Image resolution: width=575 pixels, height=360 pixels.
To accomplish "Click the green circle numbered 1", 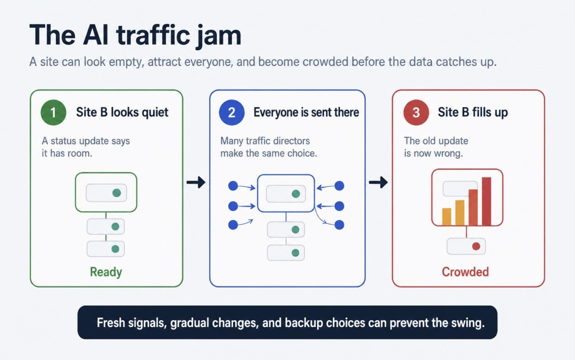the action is (x=54, y=112).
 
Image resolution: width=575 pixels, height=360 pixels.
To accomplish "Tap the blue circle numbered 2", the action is (x=232, y=112).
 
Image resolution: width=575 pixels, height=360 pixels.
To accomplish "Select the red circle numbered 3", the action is (x=416, y=112).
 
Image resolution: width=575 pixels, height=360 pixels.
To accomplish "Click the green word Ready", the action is (x=106, y=272).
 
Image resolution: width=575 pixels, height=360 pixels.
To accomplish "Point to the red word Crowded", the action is (x=465, y=272).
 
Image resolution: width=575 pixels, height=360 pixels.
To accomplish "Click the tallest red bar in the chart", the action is (x=486, y=201).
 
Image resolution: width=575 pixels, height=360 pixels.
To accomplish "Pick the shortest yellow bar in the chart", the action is (x=447, y=217).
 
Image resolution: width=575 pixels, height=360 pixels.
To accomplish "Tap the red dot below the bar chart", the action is (x=476, y=246).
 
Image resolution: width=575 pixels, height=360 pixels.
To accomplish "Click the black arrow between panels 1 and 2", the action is (x=196, y=182).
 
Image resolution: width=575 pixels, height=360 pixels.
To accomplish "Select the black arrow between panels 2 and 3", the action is (x=378, y=182).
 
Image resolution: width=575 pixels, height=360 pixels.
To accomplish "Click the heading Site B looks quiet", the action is (x=122, y=112).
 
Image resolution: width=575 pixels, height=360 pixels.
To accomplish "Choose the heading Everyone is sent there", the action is (x=306, y=112).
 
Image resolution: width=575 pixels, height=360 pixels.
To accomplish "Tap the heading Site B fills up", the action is (x=473, y=112).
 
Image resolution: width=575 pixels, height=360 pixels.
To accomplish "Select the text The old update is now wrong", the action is (x=436, y=147).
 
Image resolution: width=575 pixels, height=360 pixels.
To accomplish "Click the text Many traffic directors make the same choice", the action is (x=268, y=147).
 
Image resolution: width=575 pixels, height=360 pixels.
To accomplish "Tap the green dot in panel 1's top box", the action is (x=117, y=193).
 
